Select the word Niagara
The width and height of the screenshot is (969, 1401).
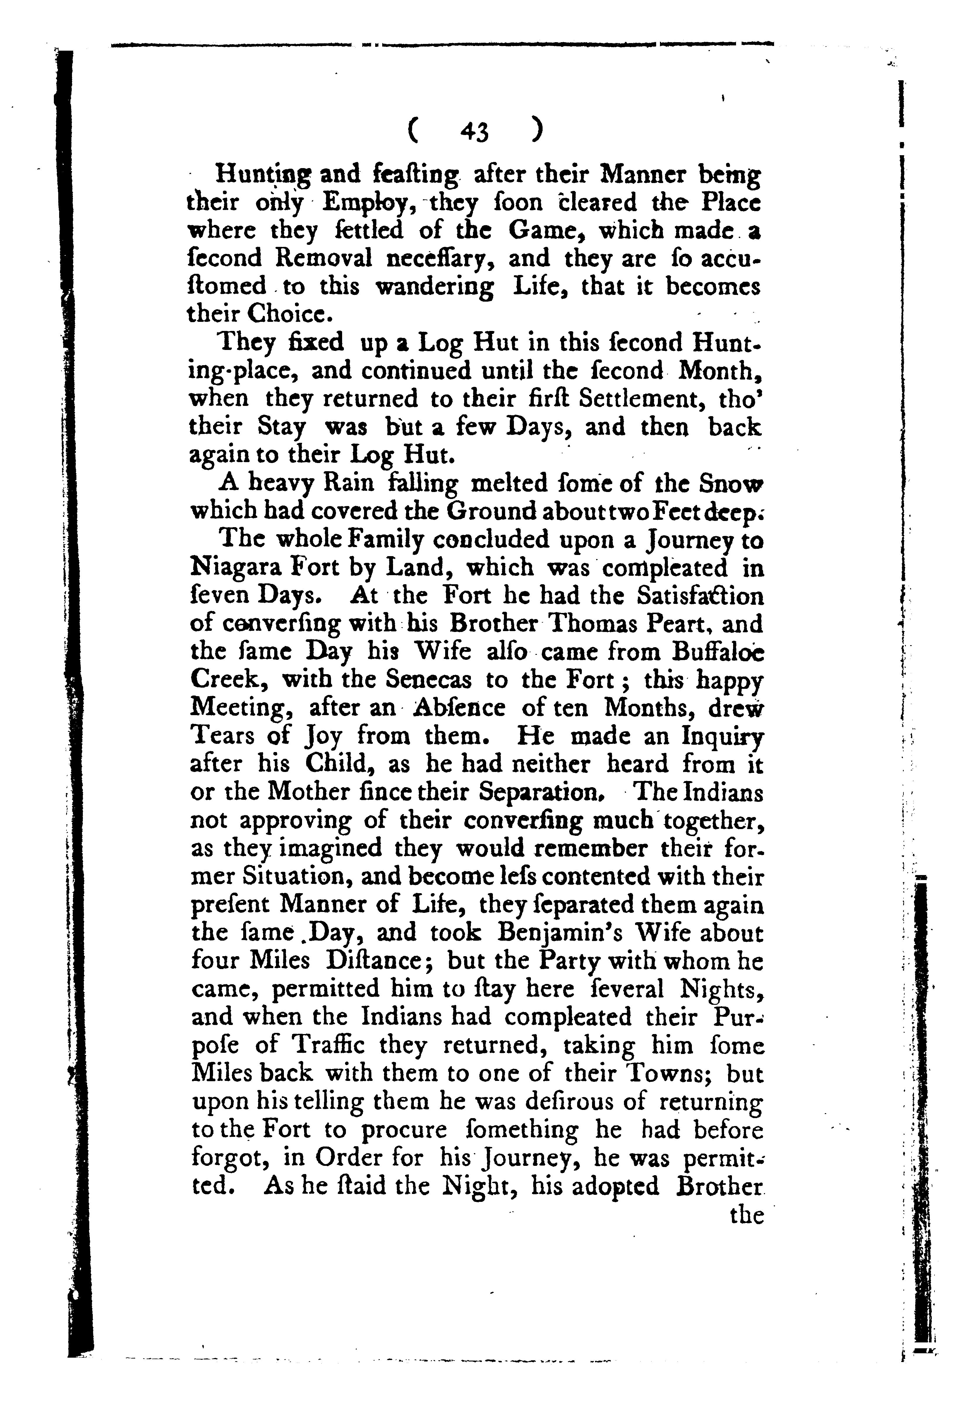coord(234,568)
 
